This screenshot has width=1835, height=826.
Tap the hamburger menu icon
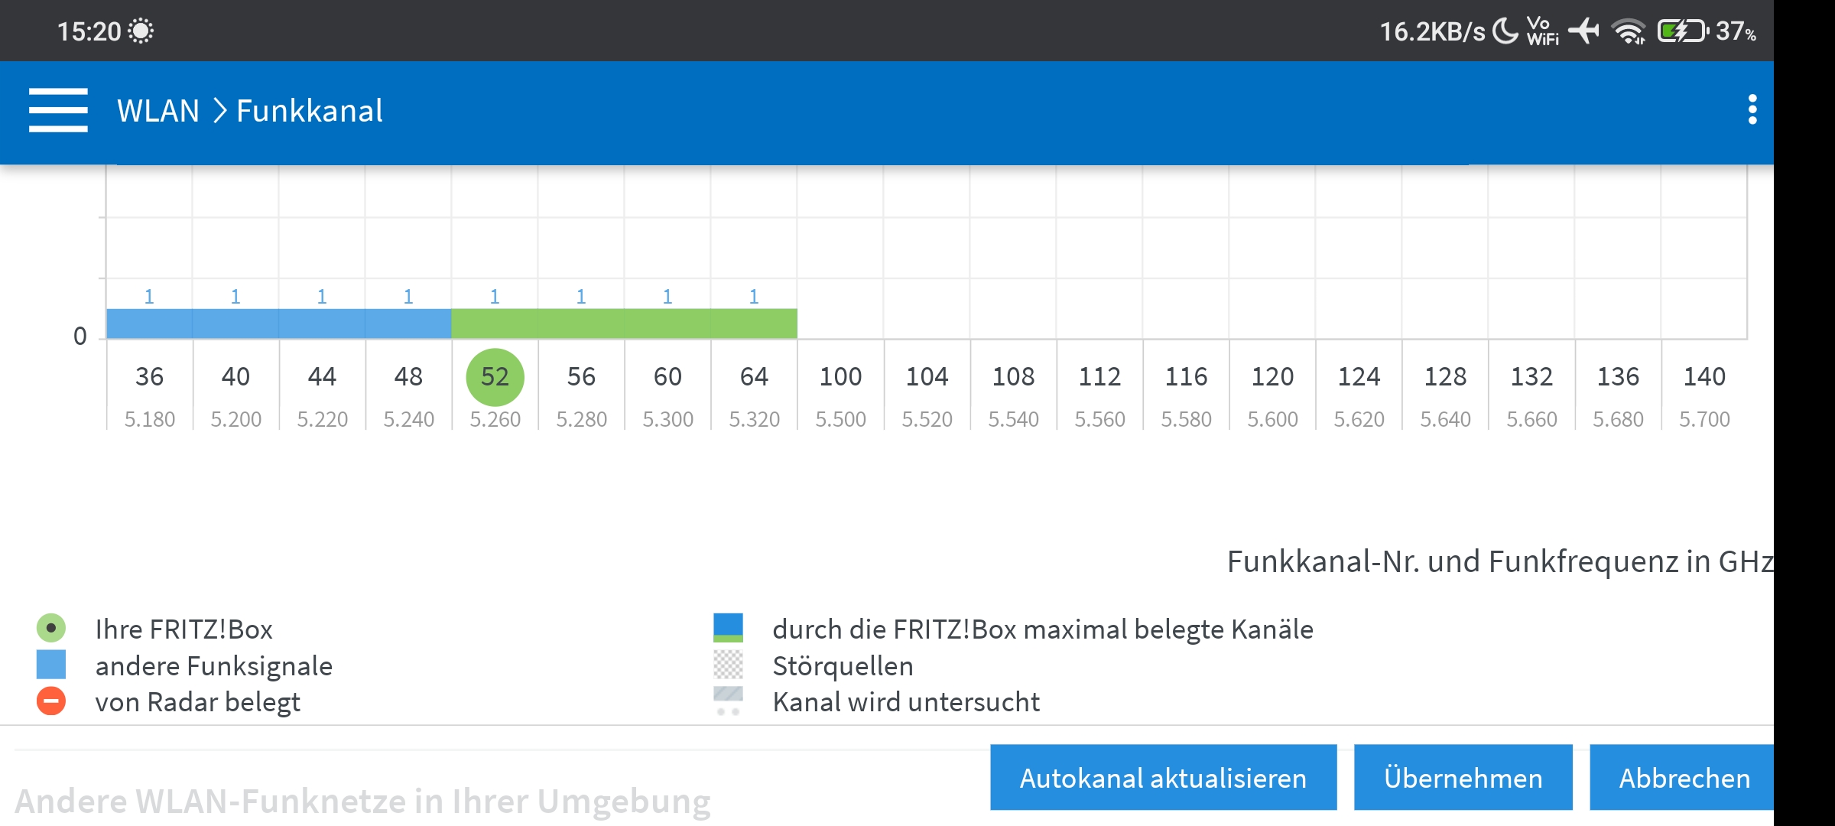coord(58,110)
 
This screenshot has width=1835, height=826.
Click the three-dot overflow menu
coord(1752,110)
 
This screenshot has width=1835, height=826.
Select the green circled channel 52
coord(495,377)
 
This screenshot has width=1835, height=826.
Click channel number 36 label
coord(149,377)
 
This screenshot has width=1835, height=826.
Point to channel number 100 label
coord(840,377)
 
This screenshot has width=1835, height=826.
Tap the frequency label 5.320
coord(754,419)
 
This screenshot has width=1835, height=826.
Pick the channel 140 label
coord(1704,377)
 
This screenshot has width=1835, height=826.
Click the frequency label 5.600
coord(1272,419)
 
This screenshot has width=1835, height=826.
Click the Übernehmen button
coord(1463,778)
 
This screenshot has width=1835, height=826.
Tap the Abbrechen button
coord(1684,778)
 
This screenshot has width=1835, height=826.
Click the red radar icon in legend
coord(51,701)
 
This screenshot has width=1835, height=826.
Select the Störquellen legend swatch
coord(728,665)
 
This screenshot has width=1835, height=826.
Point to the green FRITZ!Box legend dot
coord(51,629)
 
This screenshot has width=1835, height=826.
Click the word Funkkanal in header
coord(310,111)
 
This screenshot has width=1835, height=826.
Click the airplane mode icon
coord(1584,31)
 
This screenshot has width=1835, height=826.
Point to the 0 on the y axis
coord(80,337)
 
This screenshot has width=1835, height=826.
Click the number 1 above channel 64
coord(754,297)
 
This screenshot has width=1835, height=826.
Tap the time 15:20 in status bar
coord(89,31)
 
